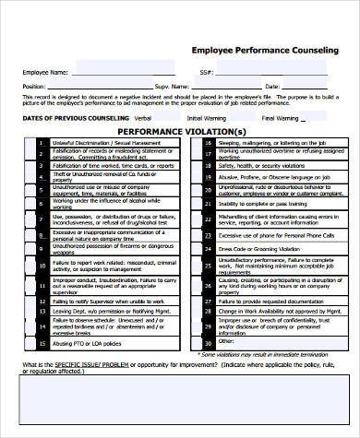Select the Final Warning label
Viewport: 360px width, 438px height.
point(281,118)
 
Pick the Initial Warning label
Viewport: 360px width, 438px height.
point(206,118)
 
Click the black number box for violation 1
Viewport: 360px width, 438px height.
point(42,143)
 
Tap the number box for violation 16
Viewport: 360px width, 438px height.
point(201,143)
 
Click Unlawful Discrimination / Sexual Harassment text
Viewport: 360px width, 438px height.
point(101,143)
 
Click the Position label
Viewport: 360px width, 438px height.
point(34,86)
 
